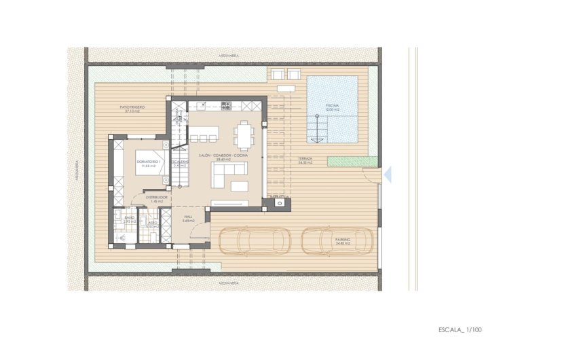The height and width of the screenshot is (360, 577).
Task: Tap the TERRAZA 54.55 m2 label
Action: (x=305, y=162)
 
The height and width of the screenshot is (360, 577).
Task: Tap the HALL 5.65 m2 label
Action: (x=188, y=219)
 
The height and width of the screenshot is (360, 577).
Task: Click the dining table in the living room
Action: (x=244, y=134)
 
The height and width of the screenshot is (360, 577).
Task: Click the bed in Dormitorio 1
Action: (x=150, y=163)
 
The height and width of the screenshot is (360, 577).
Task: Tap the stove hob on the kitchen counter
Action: (x=227, y=105)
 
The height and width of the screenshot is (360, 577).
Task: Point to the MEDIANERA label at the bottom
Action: (x=227, y=283)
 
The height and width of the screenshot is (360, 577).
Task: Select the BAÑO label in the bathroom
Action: (x=129, y=219)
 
